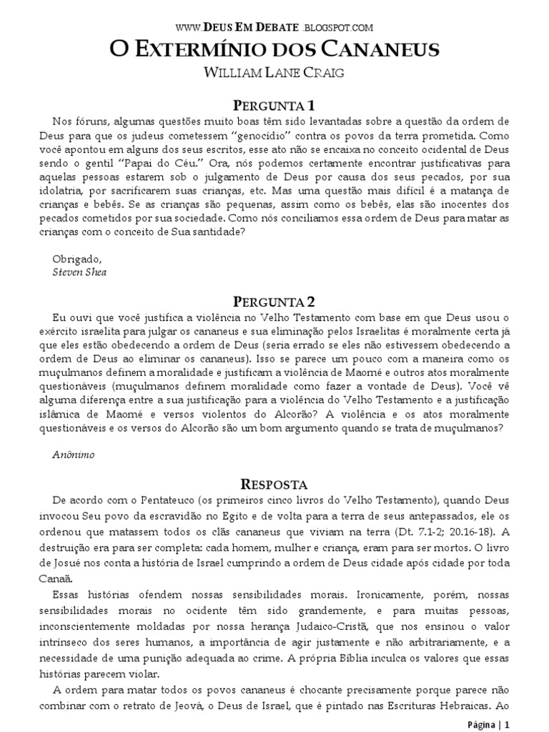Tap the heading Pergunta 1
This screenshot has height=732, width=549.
pyautogui.click(x=274, y=105)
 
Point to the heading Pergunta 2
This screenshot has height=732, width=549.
pyautogui.click(x=274, y=302)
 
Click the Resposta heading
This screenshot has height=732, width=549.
pyautogui.click(x=274, y=483)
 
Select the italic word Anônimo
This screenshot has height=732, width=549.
pyautogui.click(x=74, y=455)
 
